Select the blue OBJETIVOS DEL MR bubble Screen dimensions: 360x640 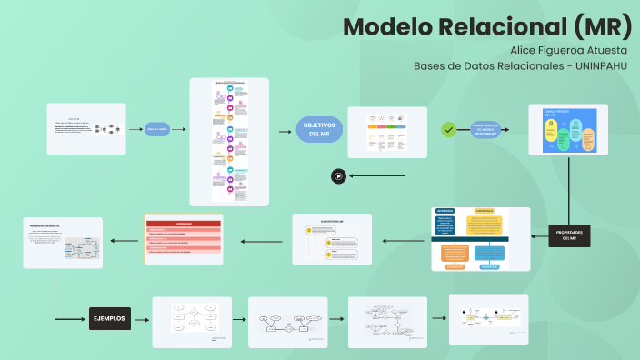coord(320,129)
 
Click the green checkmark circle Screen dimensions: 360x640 coord(448,130)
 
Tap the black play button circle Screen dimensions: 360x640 coord(338,176)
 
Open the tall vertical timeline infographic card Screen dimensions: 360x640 coord(229,141)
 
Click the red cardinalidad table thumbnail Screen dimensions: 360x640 coord(184,239)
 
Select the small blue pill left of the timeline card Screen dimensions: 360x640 coord(158,129)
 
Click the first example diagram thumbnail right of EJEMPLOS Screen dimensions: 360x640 coord(191,321)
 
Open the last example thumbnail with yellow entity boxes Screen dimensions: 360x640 coord(488,319)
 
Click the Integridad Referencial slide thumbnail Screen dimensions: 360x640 coord(63,242)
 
